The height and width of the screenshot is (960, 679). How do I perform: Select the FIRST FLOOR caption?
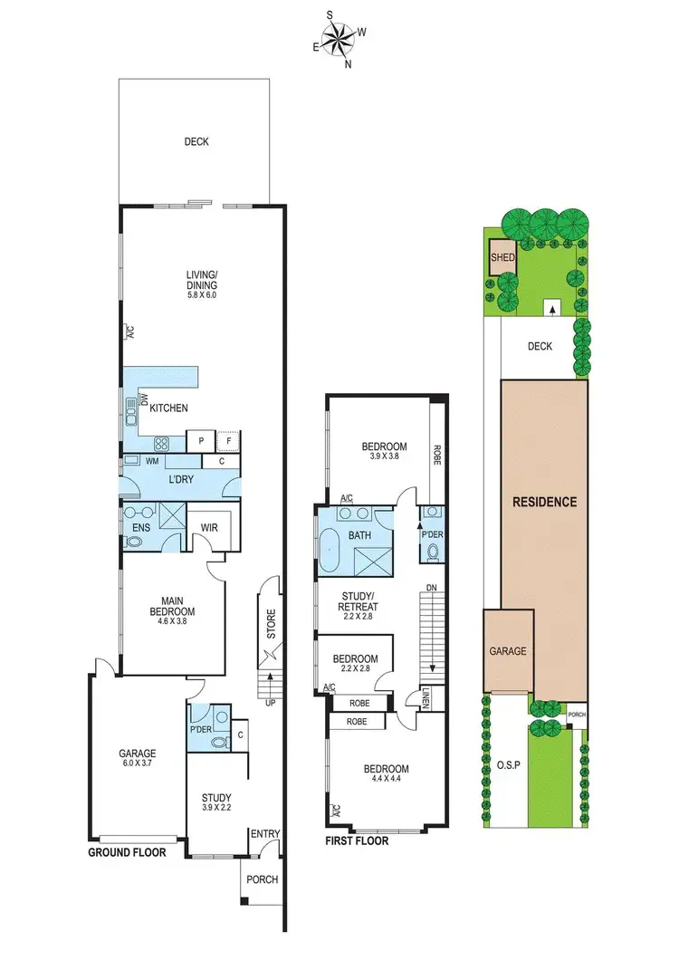(x=357, y=841)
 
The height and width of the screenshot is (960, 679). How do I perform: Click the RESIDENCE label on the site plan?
(x=544, y=502)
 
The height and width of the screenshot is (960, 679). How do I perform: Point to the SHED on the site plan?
(x=502, y=257)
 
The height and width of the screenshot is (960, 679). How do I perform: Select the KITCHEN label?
(x=168, y=408)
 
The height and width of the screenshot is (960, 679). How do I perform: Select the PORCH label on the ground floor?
(x=262, y=879)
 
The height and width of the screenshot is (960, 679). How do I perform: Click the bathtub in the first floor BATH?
(x=328, y=549)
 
